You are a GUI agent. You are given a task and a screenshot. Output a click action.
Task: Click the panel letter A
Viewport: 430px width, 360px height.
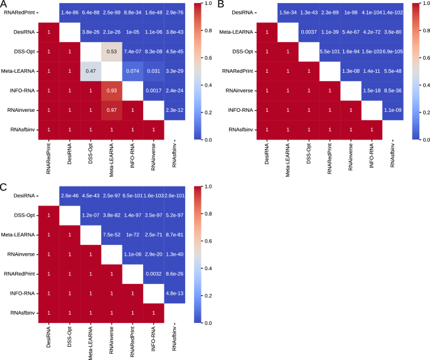[x=4, y=5]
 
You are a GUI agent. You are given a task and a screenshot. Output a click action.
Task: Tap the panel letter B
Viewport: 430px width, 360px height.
[x=221, y=5]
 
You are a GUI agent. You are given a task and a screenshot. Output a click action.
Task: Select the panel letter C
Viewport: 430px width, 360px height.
[x=4, y=187]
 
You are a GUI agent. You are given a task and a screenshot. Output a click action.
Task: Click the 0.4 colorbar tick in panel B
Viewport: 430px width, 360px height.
[x=424, y=85]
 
